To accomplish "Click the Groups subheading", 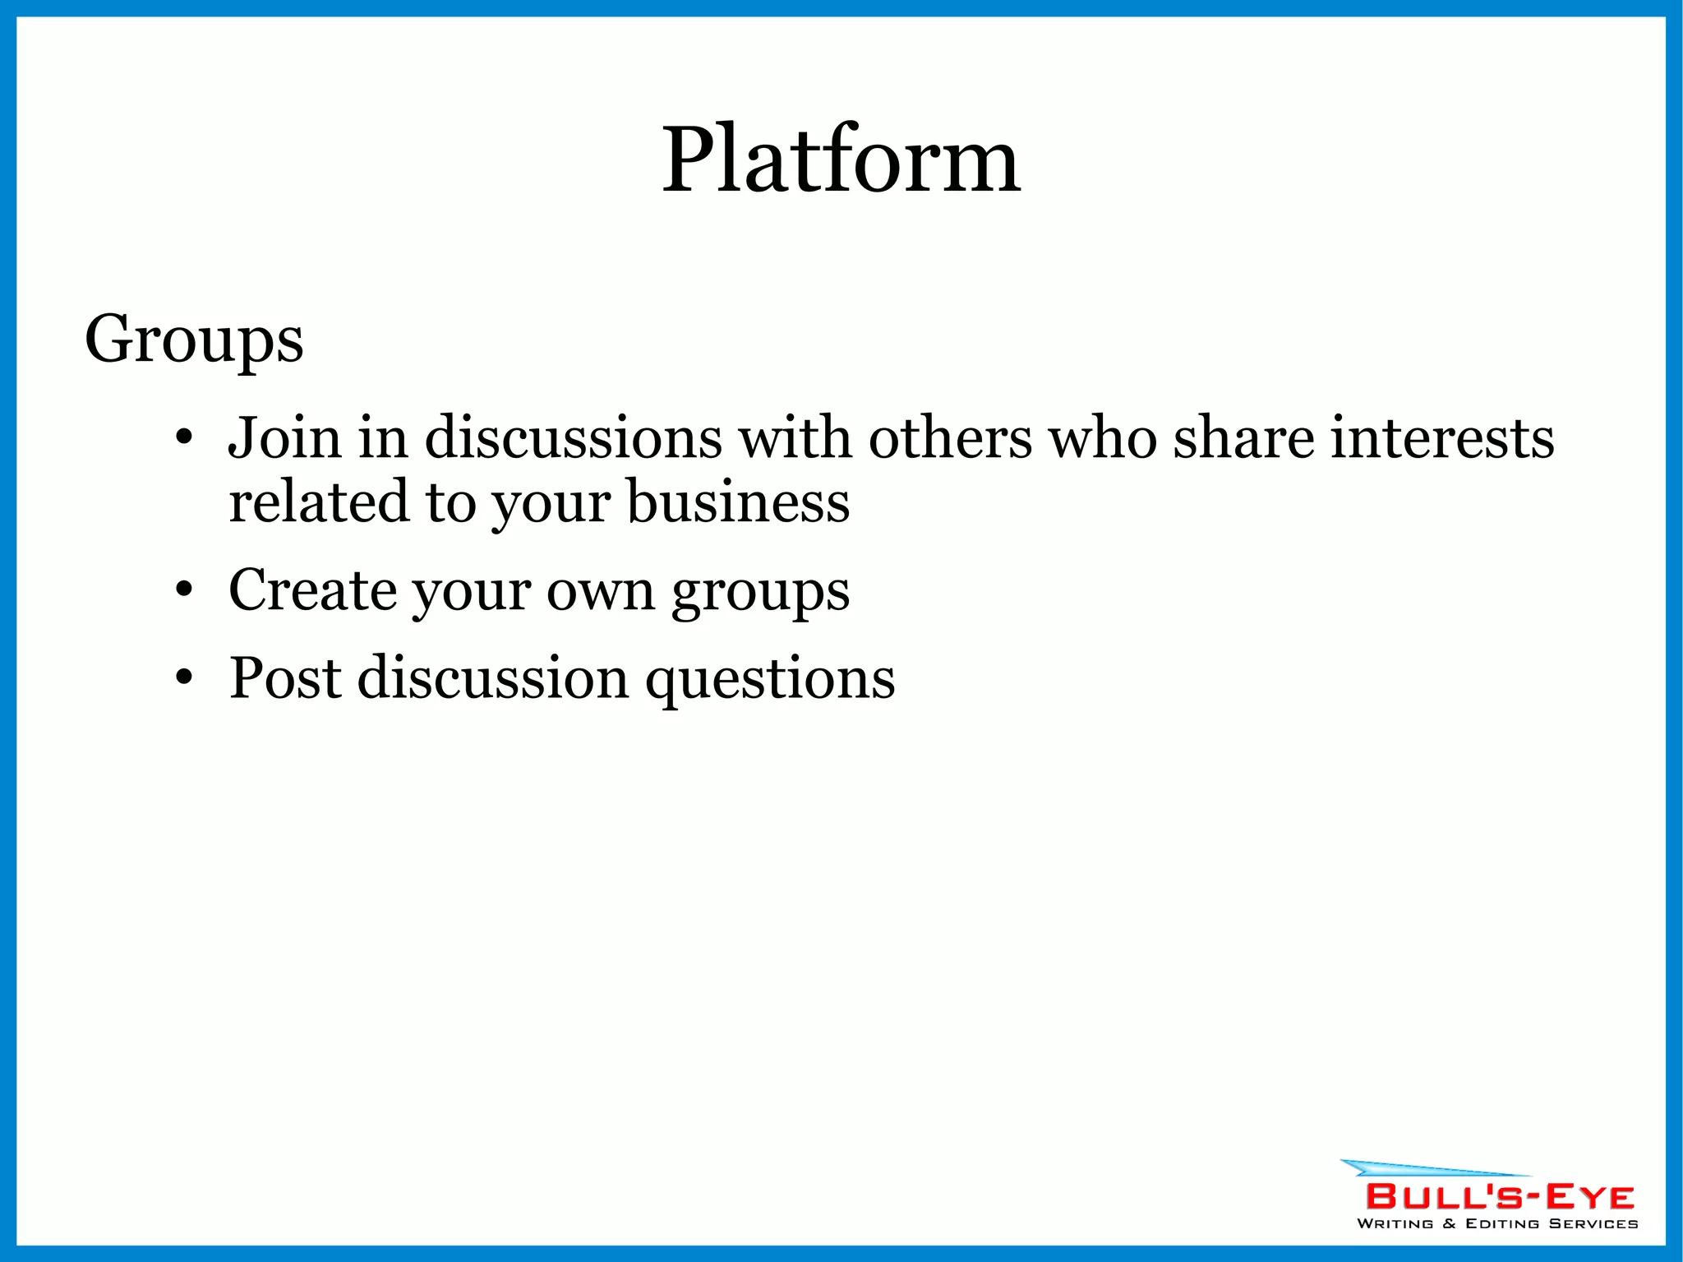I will (x=194, y=340).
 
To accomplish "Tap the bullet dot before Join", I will (x=184, y=437).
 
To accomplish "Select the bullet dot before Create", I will (x=184, y=589).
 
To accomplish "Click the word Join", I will (x=284, y=437).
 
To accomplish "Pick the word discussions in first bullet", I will (x=573, y=437).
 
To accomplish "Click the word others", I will (x=949, y=437).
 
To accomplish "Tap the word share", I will (x=1243, y=437).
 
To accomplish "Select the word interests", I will (x=1442, y=437).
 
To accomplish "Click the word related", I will (x=318, y=501).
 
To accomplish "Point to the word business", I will (x=738, y=501).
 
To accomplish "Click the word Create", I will (x=312, y=589).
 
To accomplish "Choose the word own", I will (x=600, y=589).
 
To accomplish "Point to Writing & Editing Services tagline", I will (x=1497, y=1224).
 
